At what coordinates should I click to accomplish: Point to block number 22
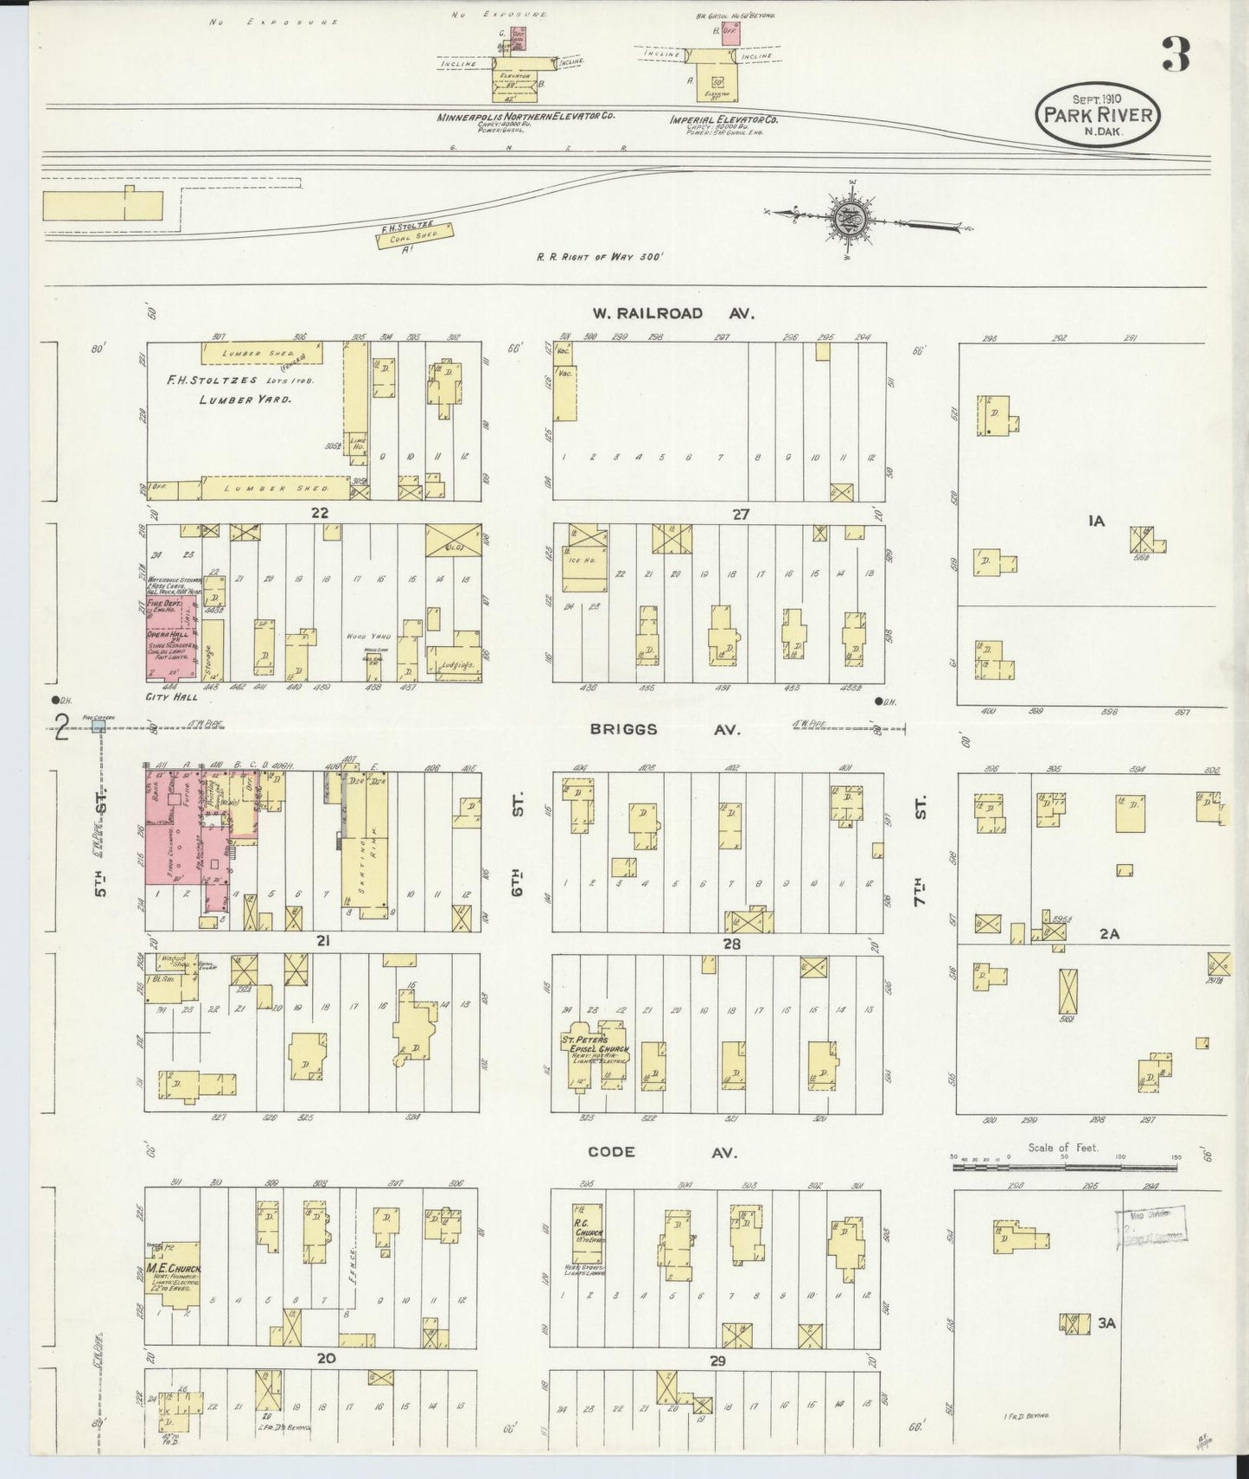[x=320, y=513]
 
